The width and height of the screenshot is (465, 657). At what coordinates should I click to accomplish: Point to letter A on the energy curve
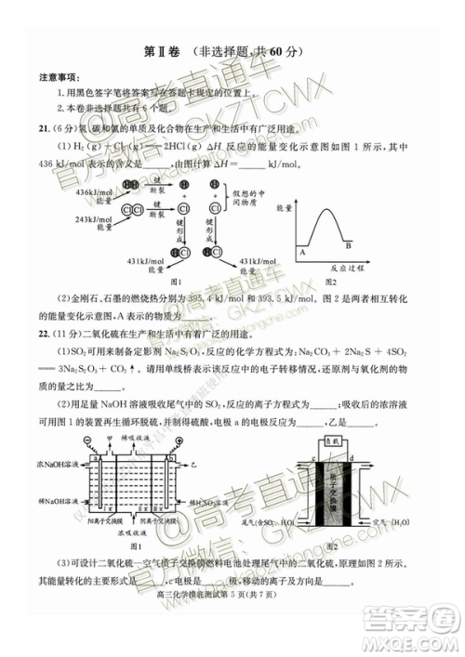click(301, 252)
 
